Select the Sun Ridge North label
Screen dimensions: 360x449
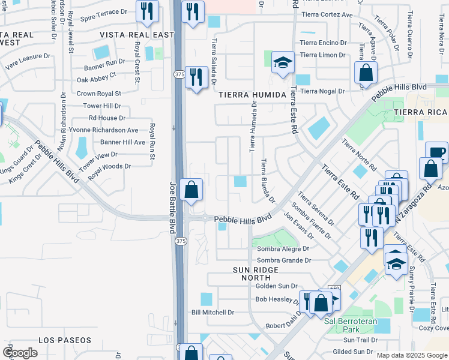click(x=258, y=275)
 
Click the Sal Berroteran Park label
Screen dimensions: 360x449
click(x=351, y=325)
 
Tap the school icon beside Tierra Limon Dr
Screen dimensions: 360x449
click(x=282, y=62)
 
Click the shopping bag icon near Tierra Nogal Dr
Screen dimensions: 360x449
click(x=365, y=73)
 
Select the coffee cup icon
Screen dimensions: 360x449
click(x=436, y=152)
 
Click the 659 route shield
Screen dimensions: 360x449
click(x=334, y=289)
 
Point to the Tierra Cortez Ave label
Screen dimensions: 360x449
click(x=326, y=14)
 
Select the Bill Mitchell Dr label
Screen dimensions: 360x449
click(x=212, y=313)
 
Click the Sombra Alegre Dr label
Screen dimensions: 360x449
click(x=283, y=248)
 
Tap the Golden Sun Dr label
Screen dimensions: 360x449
click(x=276, y=286)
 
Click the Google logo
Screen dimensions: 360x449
click(x=20, y=353)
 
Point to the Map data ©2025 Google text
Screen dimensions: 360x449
click(x=411, y=355)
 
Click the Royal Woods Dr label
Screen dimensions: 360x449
click(x=109, y=166)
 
